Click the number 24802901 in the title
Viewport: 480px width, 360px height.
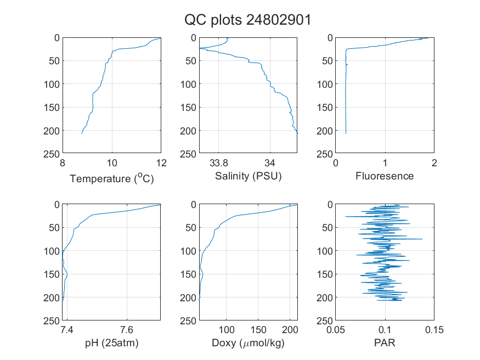coord(279,20)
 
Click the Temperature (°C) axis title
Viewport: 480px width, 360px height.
coord(112,178)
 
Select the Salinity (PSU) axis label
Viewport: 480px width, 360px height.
coord(249,176)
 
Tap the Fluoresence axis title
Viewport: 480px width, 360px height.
coord(385,176)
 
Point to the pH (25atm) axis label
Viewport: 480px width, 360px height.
coord(112,343)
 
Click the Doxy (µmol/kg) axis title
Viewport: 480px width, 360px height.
coord(249,343)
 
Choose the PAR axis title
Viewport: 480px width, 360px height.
coord(385,342)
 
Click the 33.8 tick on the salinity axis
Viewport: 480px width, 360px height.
coord(218,163)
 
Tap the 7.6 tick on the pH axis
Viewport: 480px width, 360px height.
coord(127,330)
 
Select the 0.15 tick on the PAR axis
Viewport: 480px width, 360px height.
coord(434,330)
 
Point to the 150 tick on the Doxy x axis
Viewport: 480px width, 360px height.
coord(258,330)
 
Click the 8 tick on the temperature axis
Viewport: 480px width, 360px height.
coord(63,163)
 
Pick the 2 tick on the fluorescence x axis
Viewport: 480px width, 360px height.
coord(434,163)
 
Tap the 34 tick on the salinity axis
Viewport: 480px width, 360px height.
coord(270,163)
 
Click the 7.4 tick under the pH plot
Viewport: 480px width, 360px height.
coord(67,330)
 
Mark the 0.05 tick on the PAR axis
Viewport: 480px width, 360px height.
coord(336,330)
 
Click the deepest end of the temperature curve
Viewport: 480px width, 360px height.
coord(82,133)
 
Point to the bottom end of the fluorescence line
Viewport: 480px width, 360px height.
coord(346,133)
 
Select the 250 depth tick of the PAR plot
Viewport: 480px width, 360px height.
coord(325,320)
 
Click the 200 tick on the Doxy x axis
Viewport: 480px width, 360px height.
coord(290,330)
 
